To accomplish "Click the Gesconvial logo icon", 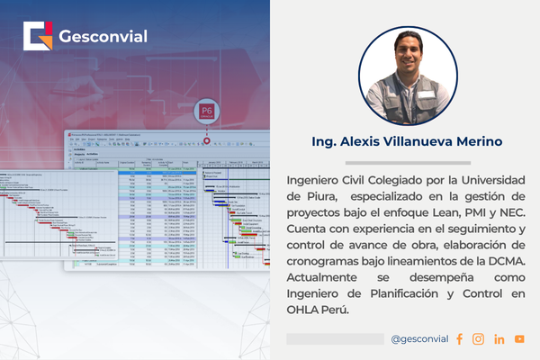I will pos(39,37).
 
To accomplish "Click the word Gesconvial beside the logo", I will pos(103,37).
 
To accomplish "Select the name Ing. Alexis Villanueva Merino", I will pos(407,141).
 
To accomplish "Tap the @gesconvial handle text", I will pos(420,339).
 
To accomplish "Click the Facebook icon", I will pos(459,339).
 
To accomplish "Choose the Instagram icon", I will pos(478,339).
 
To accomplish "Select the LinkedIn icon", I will pos(499,339).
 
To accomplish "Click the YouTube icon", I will pos(519,339).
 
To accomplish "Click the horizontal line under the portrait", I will pos(408,125).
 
